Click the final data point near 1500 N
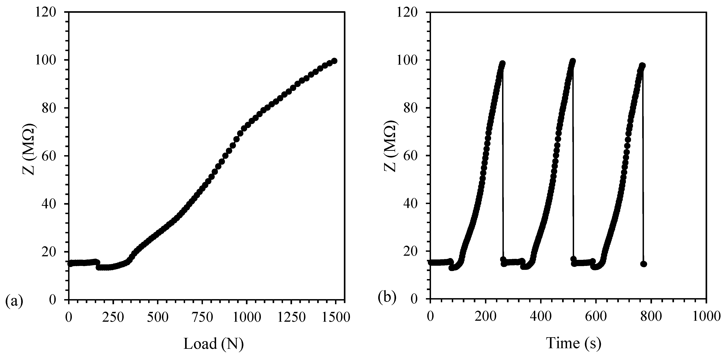tap(334, 61)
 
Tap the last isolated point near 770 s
tap(643, 264)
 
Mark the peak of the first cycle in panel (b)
tap(502, 63)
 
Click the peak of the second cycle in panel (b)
tap(572, 61)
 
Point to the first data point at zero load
tap(70, 264)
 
